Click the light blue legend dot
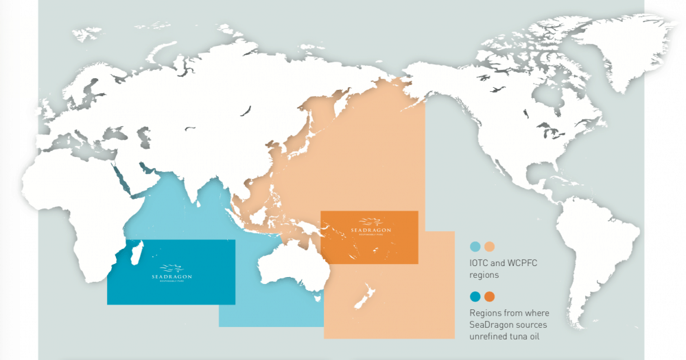pyautogui.click(x=475, y=247)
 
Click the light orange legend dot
pyautogui.click(x=490, y=247)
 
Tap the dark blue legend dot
pyautogui.click(x=475, y=297)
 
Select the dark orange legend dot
pyautogui.click(x=490, y=297)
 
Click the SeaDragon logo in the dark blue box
pyautogui.click(x=171, y=272)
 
